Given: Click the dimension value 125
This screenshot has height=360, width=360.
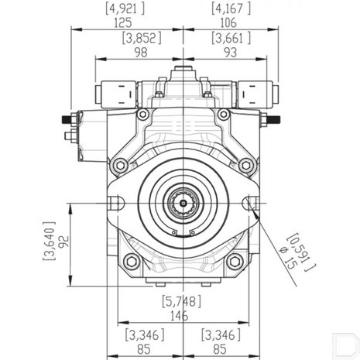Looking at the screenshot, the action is (x=123, y=22).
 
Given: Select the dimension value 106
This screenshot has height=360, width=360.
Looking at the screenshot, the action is (x=228, y=22).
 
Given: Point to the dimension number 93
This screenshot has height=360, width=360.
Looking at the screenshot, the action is (x=230, y=53).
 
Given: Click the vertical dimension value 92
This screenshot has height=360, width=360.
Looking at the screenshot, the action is (x=64, y=242).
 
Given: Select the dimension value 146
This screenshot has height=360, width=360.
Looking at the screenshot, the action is (x=180, y=316).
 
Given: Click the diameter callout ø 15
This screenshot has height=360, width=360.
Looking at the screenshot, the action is (x=289, y=258).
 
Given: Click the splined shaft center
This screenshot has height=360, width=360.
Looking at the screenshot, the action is (x=183, y=204).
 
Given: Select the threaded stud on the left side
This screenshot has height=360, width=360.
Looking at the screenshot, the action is (x=67, y=119).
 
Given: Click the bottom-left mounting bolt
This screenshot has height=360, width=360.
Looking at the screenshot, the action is (x=132, y=261).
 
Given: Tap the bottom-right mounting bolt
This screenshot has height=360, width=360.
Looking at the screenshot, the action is (x=235, y=261).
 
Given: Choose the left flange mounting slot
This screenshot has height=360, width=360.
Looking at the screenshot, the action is (x=115, y=203).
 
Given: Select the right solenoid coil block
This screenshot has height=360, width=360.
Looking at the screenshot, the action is (x=255, y=94).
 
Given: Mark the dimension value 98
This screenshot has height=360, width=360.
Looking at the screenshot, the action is (x=141, y=53).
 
